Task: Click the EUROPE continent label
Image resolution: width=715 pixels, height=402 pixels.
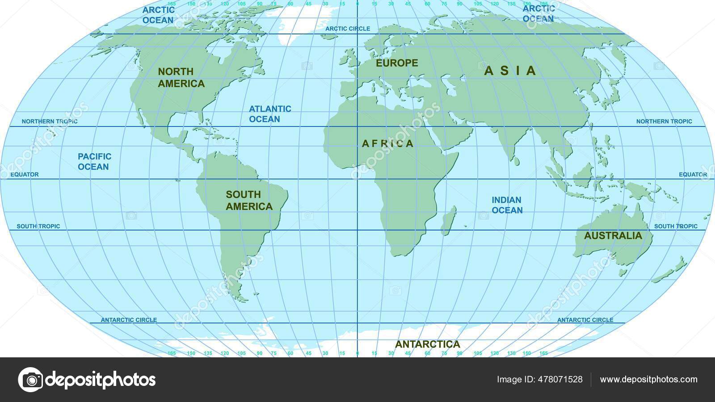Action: tap(397, 63)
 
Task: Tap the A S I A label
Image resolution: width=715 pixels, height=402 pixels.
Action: tap(510, 71)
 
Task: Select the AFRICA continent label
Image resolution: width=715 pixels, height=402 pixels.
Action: tap(387, 143)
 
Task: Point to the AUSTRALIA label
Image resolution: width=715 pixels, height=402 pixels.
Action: tap(613, 235)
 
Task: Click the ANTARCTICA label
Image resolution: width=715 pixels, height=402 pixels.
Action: tap(427, 344)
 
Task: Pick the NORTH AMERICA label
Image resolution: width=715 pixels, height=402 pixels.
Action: tap(181, 77)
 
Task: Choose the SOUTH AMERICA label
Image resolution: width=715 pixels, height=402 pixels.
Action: tap(249, 200)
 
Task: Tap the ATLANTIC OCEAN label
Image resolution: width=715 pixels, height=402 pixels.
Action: tap(269, 114)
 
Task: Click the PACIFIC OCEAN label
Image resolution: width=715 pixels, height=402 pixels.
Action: tap(94, 161)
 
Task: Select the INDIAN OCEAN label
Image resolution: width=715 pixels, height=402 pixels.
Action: tap(507, 205)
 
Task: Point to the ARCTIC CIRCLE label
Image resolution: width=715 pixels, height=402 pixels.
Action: tap(348, 29)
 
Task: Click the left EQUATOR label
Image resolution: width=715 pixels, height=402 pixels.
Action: tap(25, 175)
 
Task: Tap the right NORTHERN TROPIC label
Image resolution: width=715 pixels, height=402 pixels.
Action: tap(664, 121)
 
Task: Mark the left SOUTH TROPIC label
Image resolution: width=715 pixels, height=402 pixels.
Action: tap(38, 226)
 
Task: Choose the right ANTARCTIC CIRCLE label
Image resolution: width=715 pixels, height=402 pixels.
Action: tap(585, 320)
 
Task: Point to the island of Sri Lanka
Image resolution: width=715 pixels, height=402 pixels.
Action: tap(516, 160)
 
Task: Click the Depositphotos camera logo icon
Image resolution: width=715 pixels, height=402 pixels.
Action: tap(31, 380)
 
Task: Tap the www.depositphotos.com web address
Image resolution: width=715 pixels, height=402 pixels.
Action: tap(648, 380)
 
